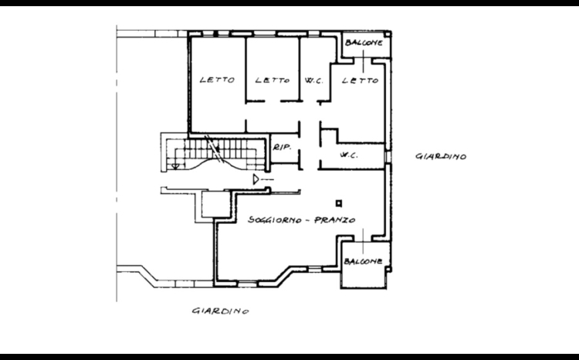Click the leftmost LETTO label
217,80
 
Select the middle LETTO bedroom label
273,80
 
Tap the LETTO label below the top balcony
360,80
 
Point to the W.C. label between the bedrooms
314,80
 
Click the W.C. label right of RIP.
349,155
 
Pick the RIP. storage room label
283,147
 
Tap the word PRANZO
334,220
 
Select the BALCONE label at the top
364,42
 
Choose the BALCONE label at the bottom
363,261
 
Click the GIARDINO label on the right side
441,156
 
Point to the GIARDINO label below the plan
221,311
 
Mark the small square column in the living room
339,203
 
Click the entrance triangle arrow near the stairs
256,180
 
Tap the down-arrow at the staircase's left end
175,166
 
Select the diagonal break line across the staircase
213,148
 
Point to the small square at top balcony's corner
388,34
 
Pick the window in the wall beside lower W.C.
388,157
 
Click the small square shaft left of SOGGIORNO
216,204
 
